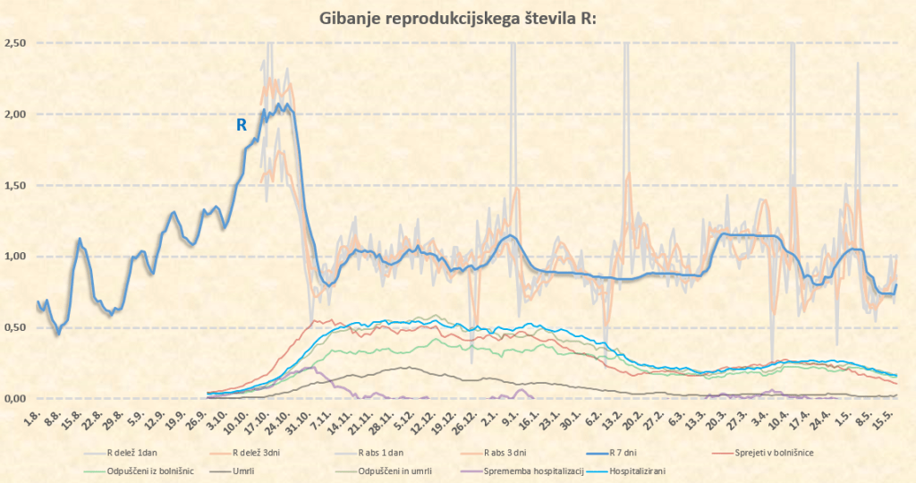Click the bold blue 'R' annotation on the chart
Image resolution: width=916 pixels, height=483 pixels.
pyautogui.click(x=241, y=125)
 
